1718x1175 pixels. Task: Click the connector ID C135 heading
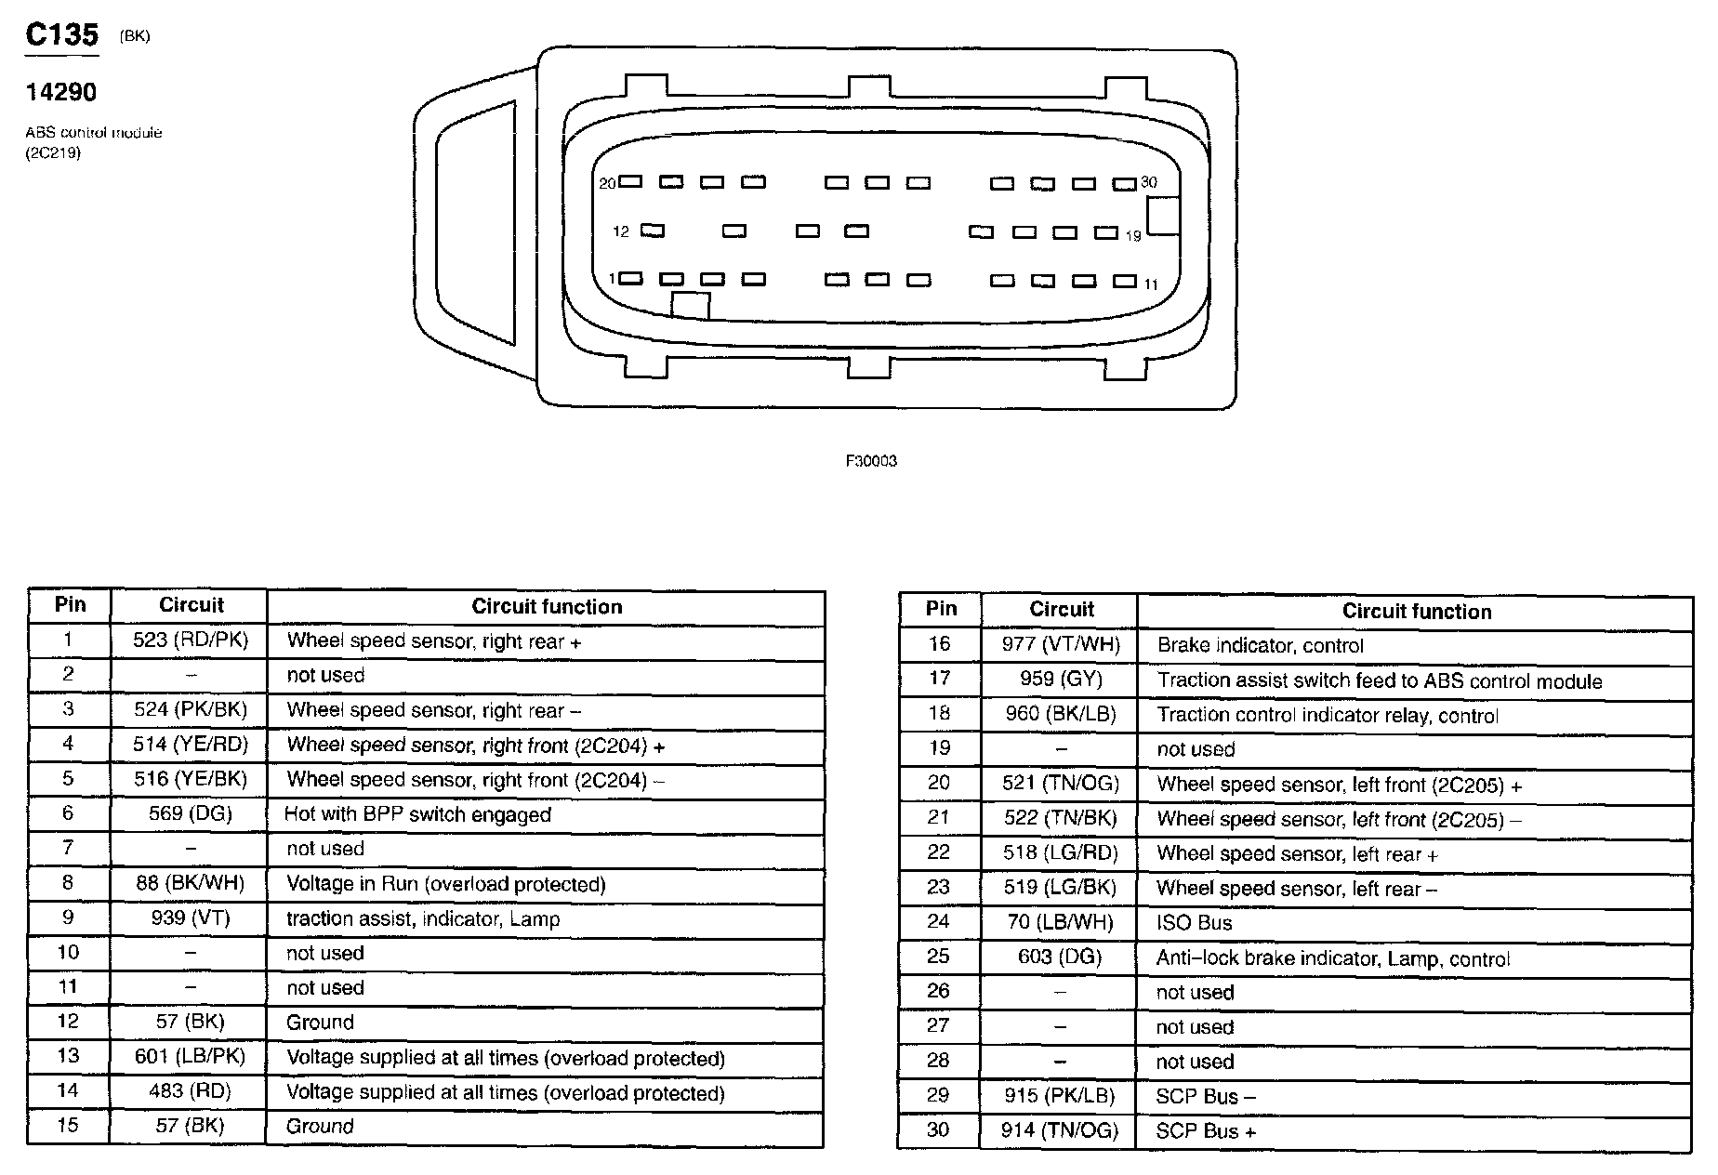pos(61,35)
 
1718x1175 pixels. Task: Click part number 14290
pos(61,92)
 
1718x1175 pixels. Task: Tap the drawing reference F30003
pos(871,461)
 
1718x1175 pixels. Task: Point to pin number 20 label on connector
pos(607,184)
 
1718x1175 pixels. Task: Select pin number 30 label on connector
pos(1149,182)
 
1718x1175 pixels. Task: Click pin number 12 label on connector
pos(621,231)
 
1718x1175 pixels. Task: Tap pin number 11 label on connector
pos(1151,284)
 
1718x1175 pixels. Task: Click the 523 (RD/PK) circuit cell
pos(191,640)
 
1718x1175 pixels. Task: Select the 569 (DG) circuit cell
pos(191,813)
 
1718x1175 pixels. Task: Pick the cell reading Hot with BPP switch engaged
pos(417,815)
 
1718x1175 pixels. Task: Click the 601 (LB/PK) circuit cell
pos(191,1057)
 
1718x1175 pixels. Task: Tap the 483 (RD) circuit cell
pos(191,1091)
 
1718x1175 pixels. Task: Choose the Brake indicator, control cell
pos(1260,646)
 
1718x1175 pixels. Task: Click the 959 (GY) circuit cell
pos(1061,680)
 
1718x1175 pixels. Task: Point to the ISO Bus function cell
pos(1194,923)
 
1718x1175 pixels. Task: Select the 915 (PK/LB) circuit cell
pos(1061,1096)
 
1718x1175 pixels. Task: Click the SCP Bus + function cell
pos(1206,1131)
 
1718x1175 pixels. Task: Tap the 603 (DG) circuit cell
pos(1061,957)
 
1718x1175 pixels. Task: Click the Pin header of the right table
pos(941,609)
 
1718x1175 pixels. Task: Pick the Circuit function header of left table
pos(547,607)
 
